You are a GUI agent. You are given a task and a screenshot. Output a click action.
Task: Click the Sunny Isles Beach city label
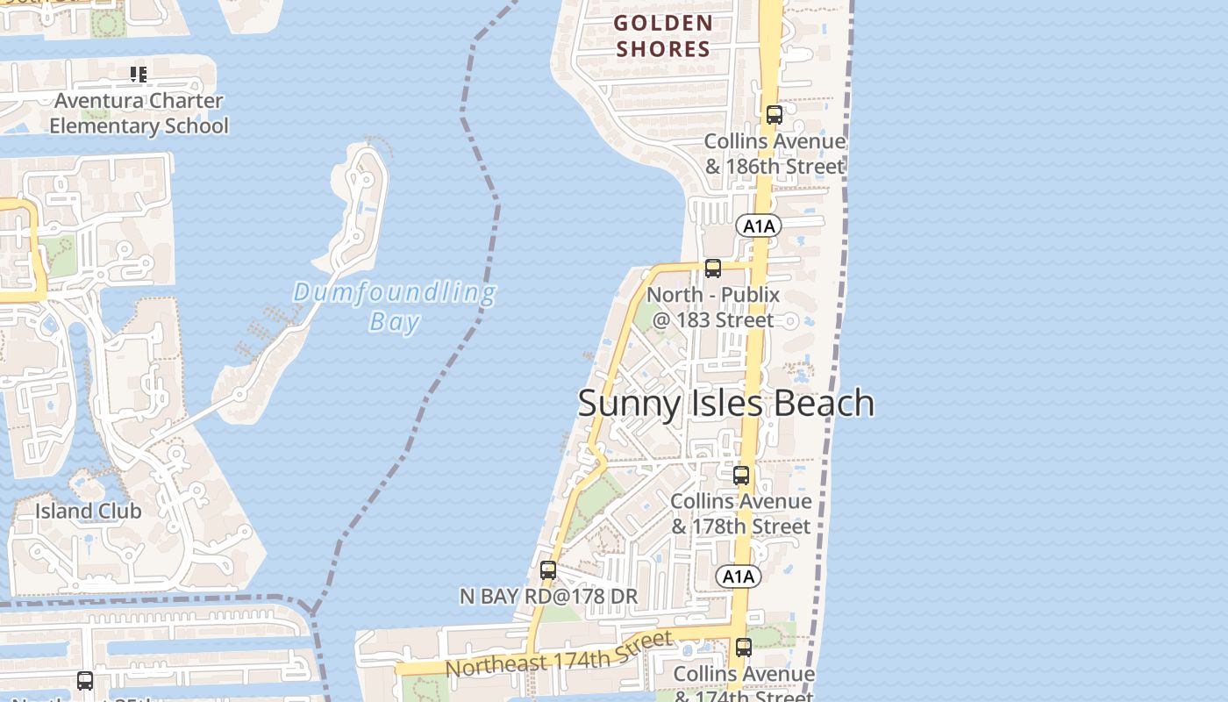(725, 403)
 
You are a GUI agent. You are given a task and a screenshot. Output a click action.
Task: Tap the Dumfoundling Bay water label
(395, 306)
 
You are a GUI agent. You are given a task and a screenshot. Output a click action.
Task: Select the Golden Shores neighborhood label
(662, 36)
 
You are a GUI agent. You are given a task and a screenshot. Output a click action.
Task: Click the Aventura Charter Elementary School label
(139, 113)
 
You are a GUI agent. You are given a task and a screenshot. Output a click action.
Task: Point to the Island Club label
(88, 510)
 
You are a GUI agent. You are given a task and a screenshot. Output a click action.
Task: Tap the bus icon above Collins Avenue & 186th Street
(774, 115)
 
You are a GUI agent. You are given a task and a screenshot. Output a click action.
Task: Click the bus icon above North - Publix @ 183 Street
(713, 269)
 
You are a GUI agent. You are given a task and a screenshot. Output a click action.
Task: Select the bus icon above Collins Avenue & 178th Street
(741, 476)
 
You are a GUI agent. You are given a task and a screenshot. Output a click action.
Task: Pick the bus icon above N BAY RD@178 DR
(548, 570)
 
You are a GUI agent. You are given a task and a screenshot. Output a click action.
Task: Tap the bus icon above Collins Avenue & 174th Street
(744, 648)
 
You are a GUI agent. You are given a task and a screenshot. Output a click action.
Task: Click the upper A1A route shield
(759, 226)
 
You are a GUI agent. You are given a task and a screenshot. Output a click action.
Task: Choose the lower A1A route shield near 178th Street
(738, 577)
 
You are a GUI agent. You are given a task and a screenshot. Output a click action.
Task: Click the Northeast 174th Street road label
(559, 655)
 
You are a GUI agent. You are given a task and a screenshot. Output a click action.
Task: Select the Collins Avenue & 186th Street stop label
(775, 154)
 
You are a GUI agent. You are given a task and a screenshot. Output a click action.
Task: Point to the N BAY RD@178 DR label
(548, 597)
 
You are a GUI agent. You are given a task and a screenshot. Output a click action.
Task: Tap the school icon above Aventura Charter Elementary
(139, 75)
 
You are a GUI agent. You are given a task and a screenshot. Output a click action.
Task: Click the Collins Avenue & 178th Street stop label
(741, 513)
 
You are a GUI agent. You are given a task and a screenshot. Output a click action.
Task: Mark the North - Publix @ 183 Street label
(712, 307)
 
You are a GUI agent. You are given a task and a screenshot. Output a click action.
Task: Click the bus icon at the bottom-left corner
(85, 680)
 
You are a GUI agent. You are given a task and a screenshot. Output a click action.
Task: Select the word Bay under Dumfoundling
(395, 322)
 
